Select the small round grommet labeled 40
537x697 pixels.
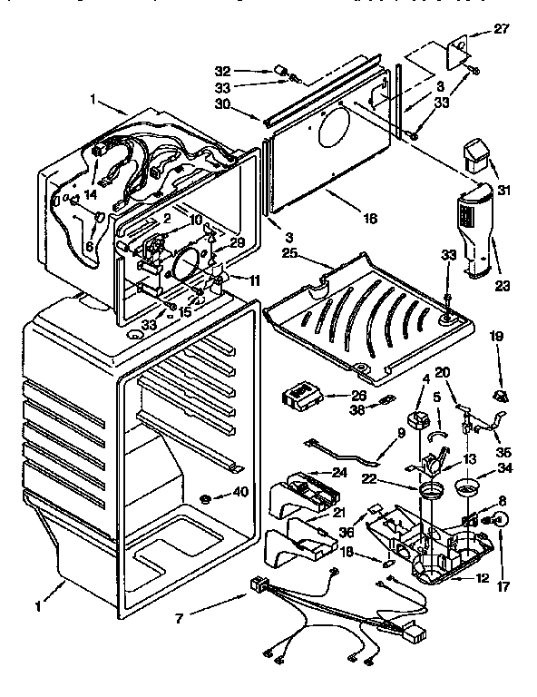point(207,497)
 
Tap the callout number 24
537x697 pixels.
point(339,472)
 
